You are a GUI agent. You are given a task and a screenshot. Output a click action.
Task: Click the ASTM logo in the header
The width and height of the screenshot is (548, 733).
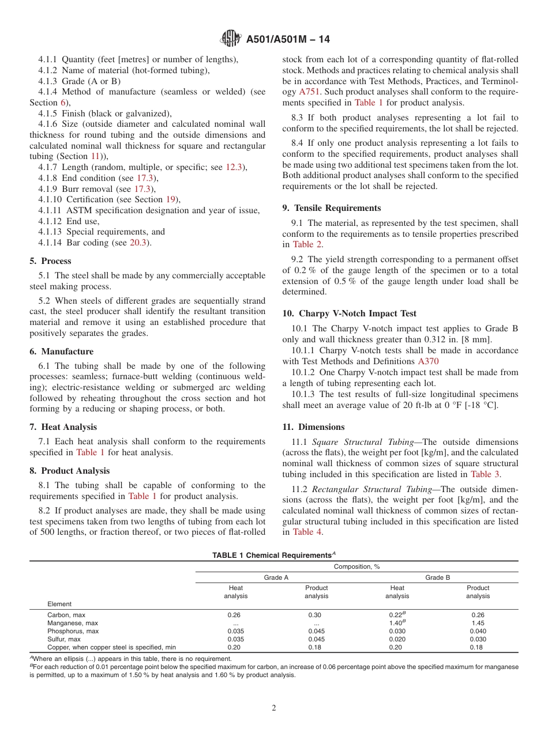click(231, 39)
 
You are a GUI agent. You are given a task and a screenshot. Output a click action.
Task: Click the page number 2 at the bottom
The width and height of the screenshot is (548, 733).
click(274, 708)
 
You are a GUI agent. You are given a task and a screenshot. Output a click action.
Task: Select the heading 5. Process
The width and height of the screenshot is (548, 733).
click(51, 261)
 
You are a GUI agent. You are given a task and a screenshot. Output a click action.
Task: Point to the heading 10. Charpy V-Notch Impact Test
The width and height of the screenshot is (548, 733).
click(349, 313)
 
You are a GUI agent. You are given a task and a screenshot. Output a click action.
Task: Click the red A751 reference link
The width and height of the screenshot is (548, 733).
click(309, 92)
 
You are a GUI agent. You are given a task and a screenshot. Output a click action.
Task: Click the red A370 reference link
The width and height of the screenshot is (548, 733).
click(428, 361)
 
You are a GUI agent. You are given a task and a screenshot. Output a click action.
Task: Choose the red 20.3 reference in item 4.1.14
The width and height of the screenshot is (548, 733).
click(138, 243)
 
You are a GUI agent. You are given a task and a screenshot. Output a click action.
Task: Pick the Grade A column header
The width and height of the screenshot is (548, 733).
click(276, 577)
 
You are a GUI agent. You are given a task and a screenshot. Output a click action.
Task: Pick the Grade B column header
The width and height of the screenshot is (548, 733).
click(437, 577)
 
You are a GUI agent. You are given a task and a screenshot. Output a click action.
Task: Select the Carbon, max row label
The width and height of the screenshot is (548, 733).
click(66, 615)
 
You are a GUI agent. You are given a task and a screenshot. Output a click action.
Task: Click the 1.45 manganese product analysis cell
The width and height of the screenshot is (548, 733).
click(478, 623)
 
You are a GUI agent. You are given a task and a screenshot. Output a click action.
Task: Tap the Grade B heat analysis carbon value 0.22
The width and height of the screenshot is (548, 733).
click(396, 615)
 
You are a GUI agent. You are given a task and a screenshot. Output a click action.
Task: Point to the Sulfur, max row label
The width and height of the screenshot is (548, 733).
click(63, 639)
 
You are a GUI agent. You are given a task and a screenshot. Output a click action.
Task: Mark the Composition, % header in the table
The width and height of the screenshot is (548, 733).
click(356, 566)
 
